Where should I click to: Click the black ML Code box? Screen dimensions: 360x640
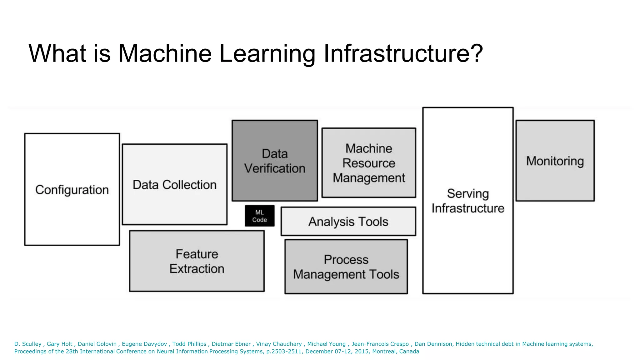(260, 216)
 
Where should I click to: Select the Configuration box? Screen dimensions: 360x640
(72, 190)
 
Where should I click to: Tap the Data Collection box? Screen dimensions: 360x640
(174, 185)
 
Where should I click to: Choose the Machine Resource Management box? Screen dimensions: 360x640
(369, 163)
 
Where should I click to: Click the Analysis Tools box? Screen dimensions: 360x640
(348, 222)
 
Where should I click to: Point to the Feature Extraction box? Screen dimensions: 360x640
(197, 261)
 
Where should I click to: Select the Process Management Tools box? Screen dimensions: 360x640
(346, 267)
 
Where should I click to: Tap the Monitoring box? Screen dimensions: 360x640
(555, 161)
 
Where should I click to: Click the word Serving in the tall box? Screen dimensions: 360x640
(468, 194)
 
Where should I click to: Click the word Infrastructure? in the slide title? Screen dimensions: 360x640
(403, 53)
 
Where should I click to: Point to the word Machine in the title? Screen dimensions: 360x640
(165, 53)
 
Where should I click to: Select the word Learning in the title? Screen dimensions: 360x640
(267, 53)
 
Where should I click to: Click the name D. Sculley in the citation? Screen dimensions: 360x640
(28, 344)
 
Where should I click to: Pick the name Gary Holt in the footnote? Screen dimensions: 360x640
(59, 344)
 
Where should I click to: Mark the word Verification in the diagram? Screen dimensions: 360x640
(275, 168)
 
